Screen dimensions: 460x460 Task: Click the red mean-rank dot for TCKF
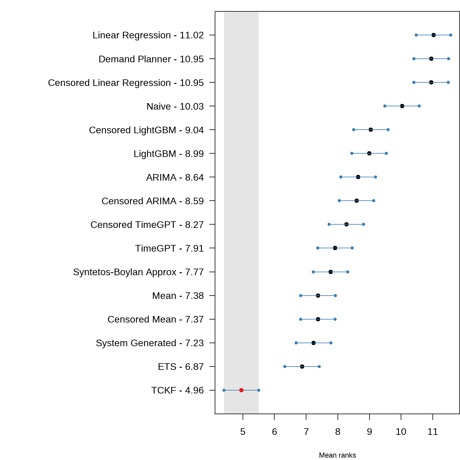[241, 390]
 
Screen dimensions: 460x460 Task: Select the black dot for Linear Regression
[434, 35]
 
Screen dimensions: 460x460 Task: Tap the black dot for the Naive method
[402, 106]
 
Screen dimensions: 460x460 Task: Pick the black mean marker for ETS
[302, 367]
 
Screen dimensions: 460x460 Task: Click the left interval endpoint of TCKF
[224, 390]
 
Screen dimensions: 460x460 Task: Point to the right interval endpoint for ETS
[319, 367]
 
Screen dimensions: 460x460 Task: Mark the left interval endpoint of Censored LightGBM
[354, 130]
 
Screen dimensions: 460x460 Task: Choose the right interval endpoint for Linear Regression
[451, 35]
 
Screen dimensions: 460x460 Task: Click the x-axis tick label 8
[338, 432]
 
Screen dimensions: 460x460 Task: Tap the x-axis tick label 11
[433, 432]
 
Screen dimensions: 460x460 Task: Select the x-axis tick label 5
[243, 432]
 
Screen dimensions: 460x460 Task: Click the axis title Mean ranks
[338, 455]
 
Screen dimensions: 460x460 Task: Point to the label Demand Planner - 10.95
[151, 59]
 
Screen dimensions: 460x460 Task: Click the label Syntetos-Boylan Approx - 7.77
[138, 272]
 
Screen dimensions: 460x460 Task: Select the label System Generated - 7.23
[150, 343]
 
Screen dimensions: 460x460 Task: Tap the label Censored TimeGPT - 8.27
[147, 225]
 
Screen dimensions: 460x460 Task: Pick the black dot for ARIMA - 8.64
[358, 177]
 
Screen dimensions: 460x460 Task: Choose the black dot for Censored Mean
[318, 319]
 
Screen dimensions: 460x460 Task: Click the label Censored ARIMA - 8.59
[152, 201]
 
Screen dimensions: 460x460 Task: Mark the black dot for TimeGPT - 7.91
[335, 248]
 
